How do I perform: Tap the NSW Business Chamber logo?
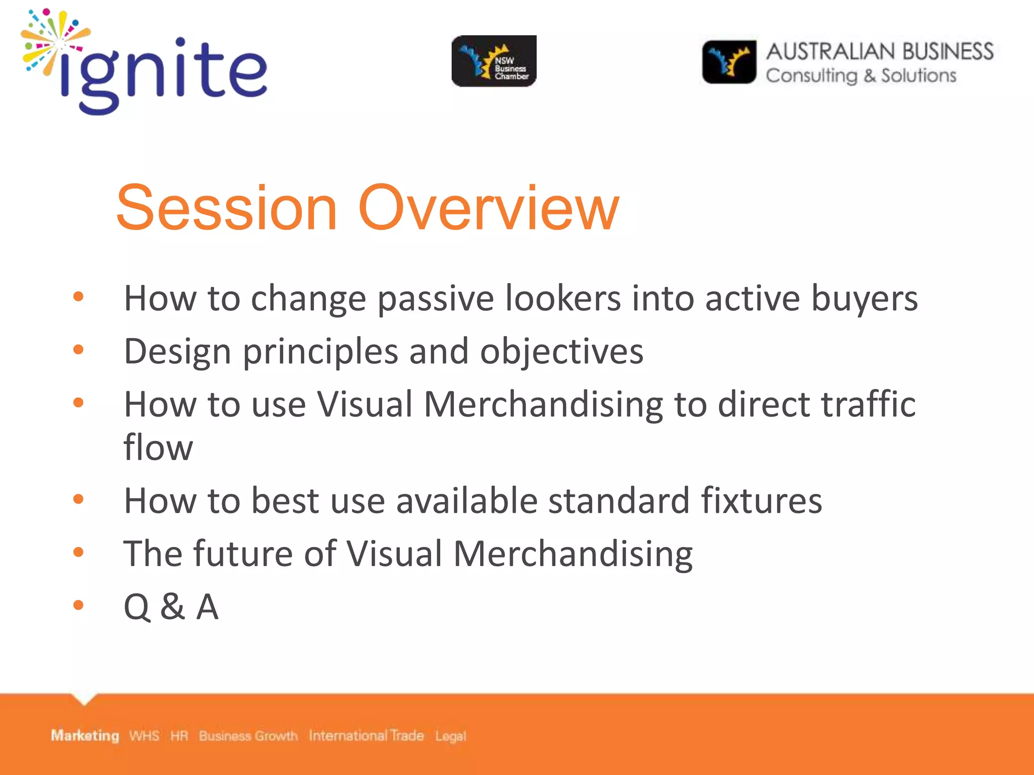(x=494, y=61)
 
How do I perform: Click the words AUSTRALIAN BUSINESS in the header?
(x=880, y=51)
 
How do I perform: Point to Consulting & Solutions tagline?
(x=861, y=76)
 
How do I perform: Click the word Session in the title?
(x=227, y=208)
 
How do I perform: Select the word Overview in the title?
(x=488, y=208)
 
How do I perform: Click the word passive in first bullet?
(x=435, y=299)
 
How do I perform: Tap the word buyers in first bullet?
(x=864, y=299)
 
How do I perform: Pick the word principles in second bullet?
(x=320, y=352)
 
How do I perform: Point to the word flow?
(x=158, y=447)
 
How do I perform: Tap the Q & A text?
(x=171, y=606)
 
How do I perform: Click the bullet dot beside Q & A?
(x=78, y=604)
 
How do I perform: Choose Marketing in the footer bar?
(x=85, y=736)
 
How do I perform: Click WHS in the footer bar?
(x=144, y=736)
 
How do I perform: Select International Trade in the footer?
(x=366, y=736)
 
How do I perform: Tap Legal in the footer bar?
(x=450, y=736)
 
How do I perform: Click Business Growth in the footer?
(x=248, y=736)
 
